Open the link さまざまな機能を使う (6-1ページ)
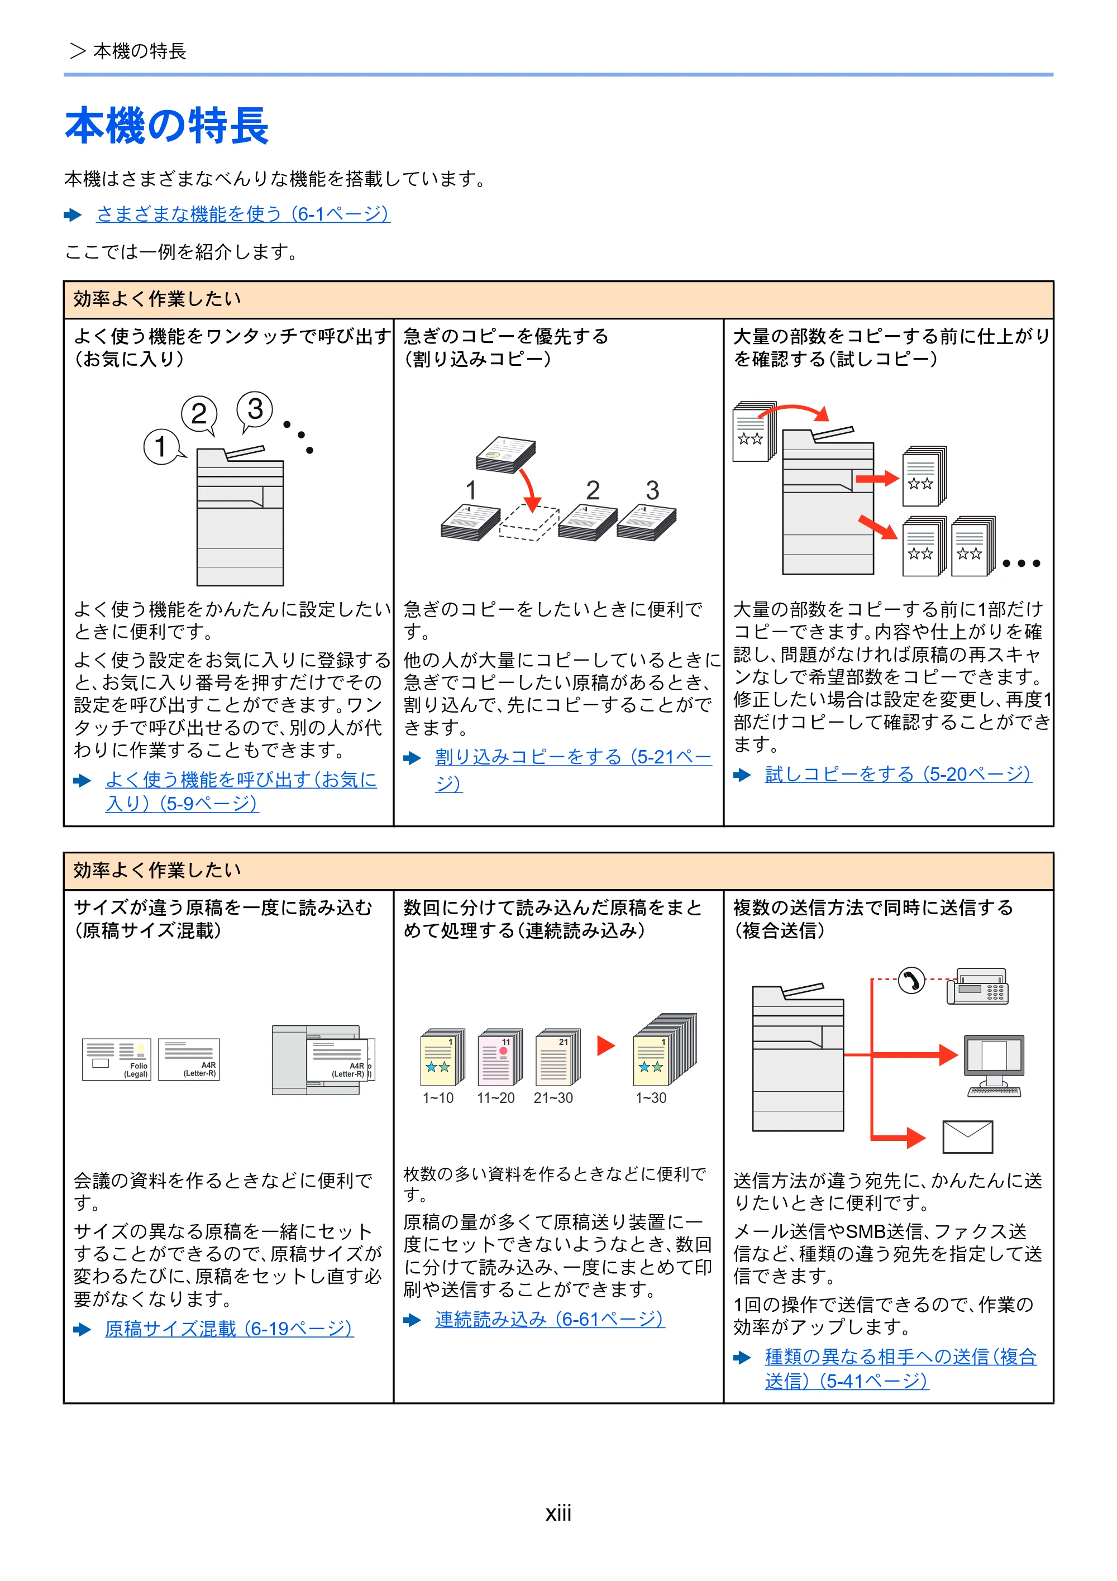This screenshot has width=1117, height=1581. (243, 214)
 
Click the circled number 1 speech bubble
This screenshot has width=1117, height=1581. (163, 446)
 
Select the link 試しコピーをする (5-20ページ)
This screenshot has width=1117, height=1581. (898, 775)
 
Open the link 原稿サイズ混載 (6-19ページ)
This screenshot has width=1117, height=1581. (230, 1329)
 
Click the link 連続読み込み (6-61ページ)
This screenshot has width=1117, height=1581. (550, 1319)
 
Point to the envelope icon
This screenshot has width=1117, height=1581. (967, 1136)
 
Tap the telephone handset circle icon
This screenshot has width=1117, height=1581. (911, 981)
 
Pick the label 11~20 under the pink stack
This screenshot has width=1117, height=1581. (496, 1097)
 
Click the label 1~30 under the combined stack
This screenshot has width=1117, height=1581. (651, 1097)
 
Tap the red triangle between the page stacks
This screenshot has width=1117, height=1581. (605, 1046)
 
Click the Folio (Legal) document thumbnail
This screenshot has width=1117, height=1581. (116, 1059)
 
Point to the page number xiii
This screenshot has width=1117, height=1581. (558, 1513)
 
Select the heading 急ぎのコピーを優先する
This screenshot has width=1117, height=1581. (506, 336)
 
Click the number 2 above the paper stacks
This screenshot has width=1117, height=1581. (593, 490)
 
